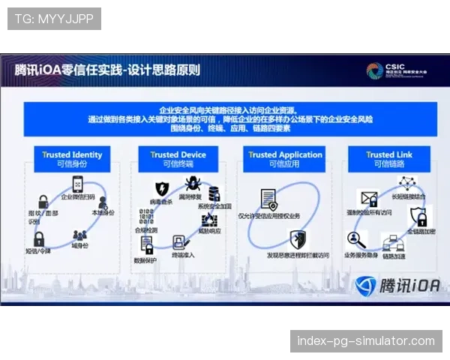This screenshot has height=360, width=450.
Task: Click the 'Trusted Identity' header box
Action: tap(72, 159)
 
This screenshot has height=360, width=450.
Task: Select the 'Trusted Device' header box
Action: tap(177, 159)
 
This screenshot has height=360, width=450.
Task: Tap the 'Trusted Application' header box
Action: tap(286, 159)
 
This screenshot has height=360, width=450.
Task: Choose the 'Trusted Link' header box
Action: tap(389, 159)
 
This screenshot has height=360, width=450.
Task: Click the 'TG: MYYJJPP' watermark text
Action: tap(54, 19)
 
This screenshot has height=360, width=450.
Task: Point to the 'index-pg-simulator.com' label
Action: tap(366, 341)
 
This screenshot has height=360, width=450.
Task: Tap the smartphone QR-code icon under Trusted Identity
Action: tap(78, 184)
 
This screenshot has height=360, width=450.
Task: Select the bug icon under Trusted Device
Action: tap(192, 184)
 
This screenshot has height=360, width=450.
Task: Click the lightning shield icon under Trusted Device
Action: tap(161, 188)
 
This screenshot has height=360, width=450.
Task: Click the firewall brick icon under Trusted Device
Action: tap(208, 220)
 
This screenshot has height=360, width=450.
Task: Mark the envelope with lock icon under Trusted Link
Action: tap(369, 199)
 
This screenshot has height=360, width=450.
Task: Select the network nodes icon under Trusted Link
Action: tap(407, 182)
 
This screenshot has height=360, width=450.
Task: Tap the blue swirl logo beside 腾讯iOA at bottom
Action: tap(365, 286)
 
